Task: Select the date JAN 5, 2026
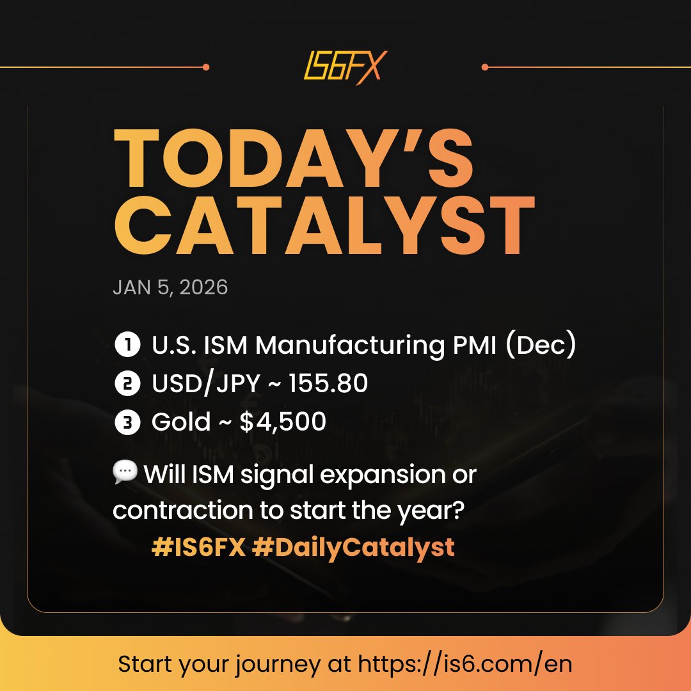click(170, 287)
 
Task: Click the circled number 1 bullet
click(127, 346)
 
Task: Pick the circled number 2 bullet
click(127, 384)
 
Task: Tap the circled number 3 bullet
click(127, 422)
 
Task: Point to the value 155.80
click(328, 384)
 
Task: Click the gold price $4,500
click(283, 422)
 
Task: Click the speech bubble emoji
click(125, 473)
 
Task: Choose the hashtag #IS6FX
click(199, 548)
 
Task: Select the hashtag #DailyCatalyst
click(354, 548)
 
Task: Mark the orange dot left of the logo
click(205, 67)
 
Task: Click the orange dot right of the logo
click(485, 67)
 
